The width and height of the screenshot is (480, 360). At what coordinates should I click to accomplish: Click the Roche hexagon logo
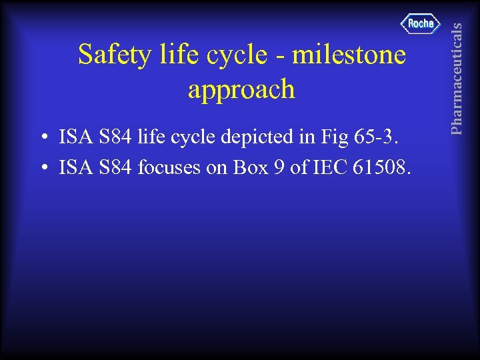click(x=421, y=23)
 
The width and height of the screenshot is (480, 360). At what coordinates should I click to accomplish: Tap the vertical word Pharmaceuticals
click(x=457, y=67)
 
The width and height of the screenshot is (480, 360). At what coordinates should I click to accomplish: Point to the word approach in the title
click(x=241, y=89)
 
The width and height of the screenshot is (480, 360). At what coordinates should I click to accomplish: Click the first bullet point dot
click(x=43, y=139)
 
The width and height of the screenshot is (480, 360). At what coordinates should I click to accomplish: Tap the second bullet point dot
click(x=43, y=169)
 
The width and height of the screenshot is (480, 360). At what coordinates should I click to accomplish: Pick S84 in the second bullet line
click(x=115, y=168)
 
